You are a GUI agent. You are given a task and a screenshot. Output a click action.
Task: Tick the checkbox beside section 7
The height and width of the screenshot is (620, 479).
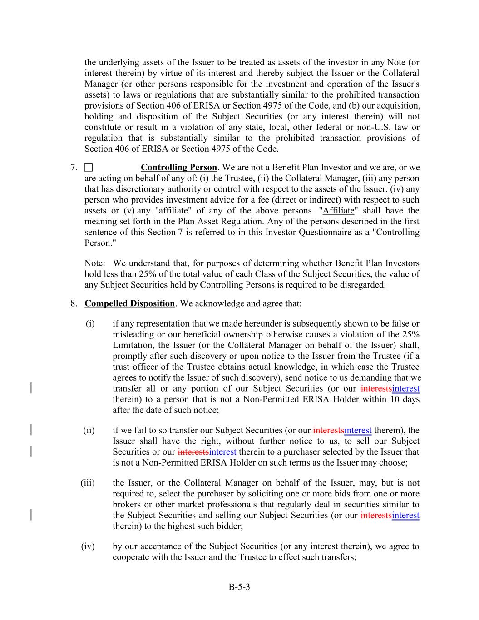pos(88,168)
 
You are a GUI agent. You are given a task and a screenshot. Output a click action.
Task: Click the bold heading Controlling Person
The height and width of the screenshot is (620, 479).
pos(178,168)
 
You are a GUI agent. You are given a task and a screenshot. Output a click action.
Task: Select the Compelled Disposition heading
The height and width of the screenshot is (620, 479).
pos(129,303)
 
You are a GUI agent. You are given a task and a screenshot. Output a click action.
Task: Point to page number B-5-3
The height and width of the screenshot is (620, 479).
pos(239,587)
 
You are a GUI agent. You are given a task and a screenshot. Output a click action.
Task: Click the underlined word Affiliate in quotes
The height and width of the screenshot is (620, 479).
pos(338,211)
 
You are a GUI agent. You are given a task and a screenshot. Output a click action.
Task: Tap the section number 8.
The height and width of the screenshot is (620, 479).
pos(74,303)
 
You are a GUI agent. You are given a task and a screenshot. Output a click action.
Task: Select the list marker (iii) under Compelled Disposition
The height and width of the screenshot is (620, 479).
pos(88,483)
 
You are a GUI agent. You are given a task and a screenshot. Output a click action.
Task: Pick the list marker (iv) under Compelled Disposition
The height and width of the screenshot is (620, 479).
pos(88,546)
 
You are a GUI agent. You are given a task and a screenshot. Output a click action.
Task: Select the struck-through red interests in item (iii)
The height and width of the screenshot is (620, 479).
pos(376,516)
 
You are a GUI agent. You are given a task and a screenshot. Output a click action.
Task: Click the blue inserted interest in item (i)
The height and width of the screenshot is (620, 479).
pos(405,389)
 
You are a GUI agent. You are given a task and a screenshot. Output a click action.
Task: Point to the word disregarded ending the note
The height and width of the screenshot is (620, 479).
pos(363,285)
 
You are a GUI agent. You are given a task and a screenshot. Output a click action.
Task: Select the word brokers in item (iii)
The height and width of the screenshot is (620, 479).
pos(126,505)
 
